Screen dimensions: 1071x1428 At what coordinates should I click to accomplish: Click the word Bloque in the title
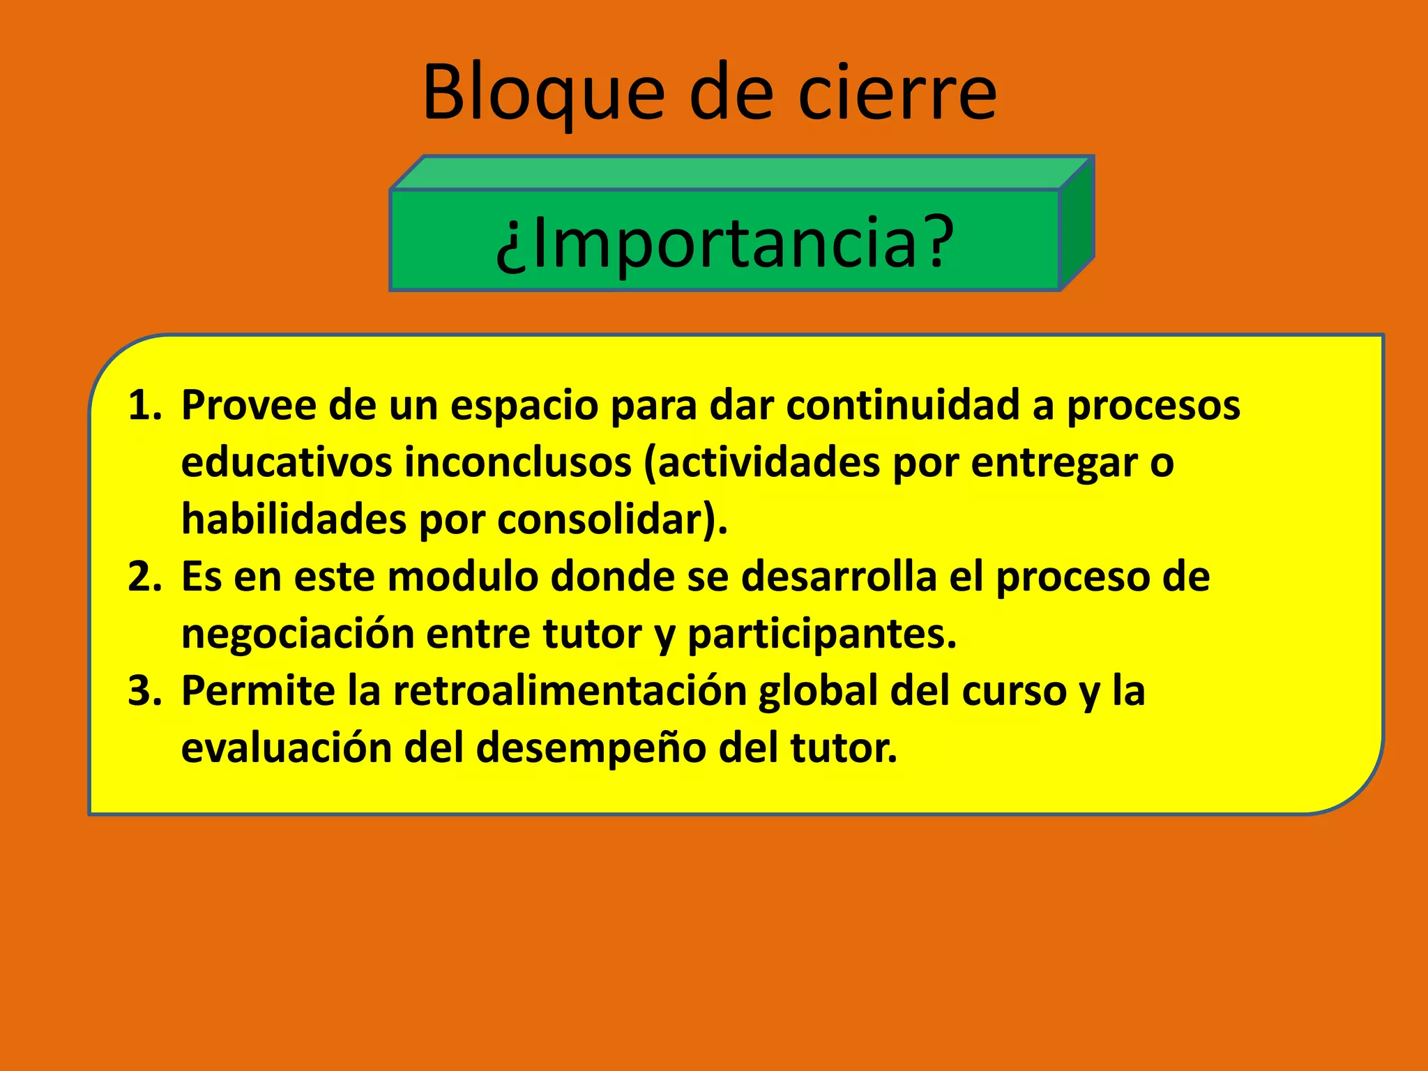[x=543, y=93]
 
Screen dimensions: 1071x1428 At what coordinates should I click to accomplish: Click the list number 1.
[x=144, y=405]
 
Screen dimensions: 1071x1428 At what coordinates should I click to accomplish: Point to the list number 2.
[x=144, y=577]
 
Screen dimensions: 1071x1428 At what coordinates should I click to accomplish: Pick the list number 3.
[x=144, y=691]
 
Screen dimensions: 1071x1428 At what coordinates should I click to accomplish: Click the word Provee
[x=248, y=405]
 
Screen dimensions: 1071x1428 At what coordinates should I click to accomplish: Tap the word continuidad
[x=903, y=405]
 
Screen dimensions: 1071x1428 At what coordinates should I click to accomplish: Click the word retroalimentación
[x=569, y=691]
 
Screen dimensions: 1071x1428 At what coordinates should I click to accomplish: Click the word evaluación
[x=287, y=748]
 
